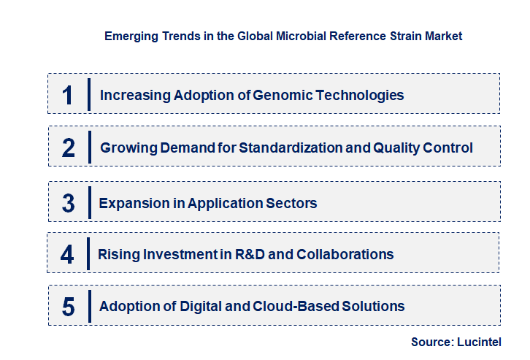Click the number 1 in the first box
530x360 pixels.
tap(67, 95)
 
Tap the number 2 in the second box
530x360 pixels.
tap(69, 148)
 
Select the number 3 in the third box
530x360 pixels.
tap(68, 203)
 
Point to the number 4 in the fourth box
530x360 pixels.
tap(67, 255)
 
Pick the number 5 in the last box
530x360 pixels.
tap(68, 307)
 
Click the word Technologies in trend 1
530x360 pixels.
tap(359, 95)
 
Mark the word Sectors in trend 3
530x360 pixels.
tap(292, 203)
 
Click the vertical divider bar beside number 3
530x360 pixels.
tap(88, 202)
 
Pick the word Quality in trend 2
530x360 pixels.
tap(397, 148)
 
